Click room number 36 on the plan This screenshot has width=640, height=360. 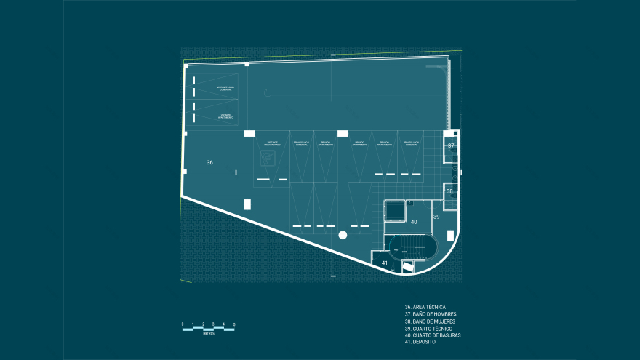pos(209,162)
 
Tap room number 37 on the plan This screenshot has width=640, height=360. pos(451,145)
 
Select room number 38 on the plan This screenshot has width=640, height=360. pos(449,191)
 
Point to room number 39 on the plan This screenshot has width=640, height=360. pos(436,217)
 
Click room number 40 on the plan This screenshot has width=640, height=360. pos(414,221)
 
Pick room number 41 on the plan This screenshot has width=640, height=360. pos(385,262)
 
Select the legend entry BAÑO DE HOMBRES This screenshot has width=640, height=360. pos(433,314)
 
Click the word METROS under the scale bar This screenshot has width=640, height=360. pos(209,334)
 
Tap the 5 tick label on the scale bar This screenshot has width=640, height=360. pos(234,324)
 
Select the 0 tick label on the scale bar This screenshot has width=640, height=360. pos(182,324)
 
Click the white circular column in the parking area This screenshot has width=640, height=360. pos(343,235)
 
